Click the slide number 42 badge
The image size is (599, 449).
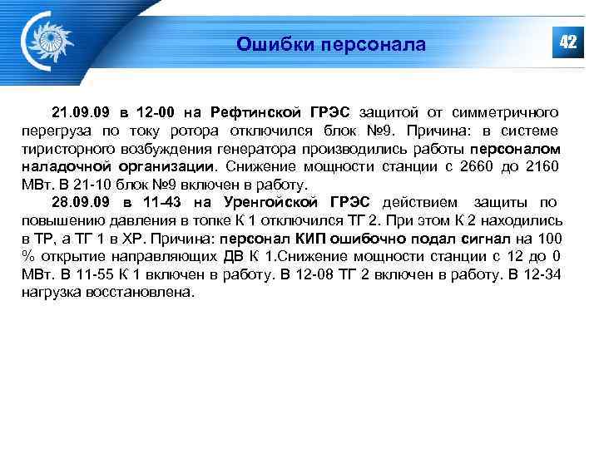point(567,42)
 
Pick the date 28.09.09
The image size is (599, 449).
point(80,202)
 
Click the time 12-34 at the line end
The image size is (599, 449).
point(542,274)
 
